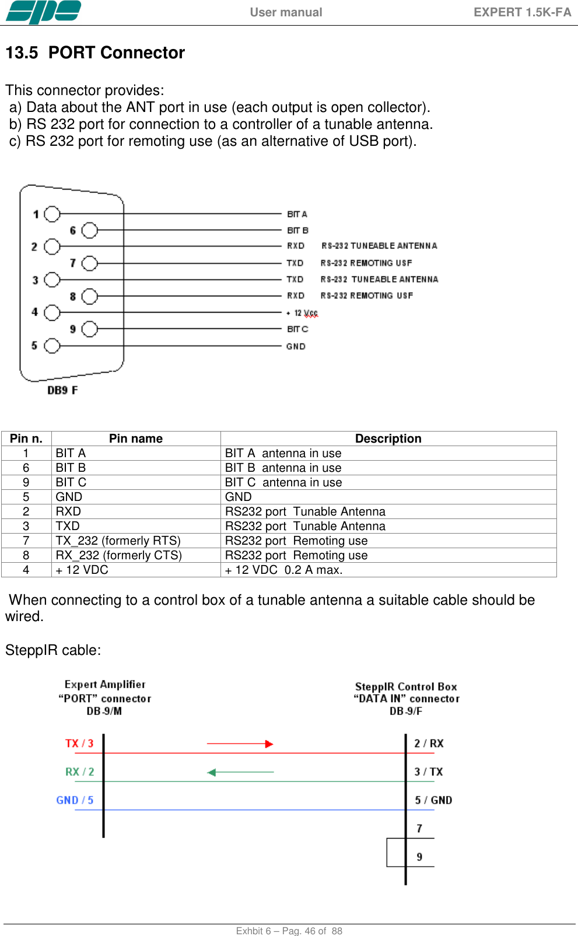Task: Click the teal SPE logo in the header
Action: coord(43,12)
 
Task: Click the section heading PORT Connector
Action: coord(116,52)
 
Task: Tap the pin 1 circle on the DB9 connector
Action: coord(52,214)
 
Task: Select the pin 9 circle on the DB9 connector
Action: coord(89,329)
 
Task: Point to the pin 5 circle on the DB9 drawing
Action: coord(52,346)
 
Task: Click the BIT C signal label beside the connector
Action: coord(297,329)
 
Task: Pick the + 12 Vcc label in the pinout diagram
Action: coord(302,313)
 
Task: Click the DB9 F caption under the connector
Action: coord(62,390)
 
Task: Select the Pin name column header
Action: coord(136,439)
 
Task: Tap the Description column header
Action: coord(388,439)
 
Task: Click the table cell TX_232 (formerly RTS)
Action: coord(118,541)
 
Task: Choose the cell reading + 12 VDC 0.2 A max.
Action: coord(284,570)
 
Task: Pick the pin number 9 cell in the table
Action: coord(26,482)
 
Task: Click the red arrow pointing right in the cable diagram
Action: coord(240,744)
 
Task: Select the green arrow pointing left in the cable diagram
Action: coord(240,772)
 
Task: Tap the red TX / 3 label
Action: coord(79,744)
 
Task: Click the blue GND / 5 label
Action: coord(75,800)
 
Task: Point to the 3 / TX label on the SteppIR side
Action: coord(429,772)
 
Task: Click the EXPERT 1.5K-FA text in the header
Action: coord(522,12)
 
